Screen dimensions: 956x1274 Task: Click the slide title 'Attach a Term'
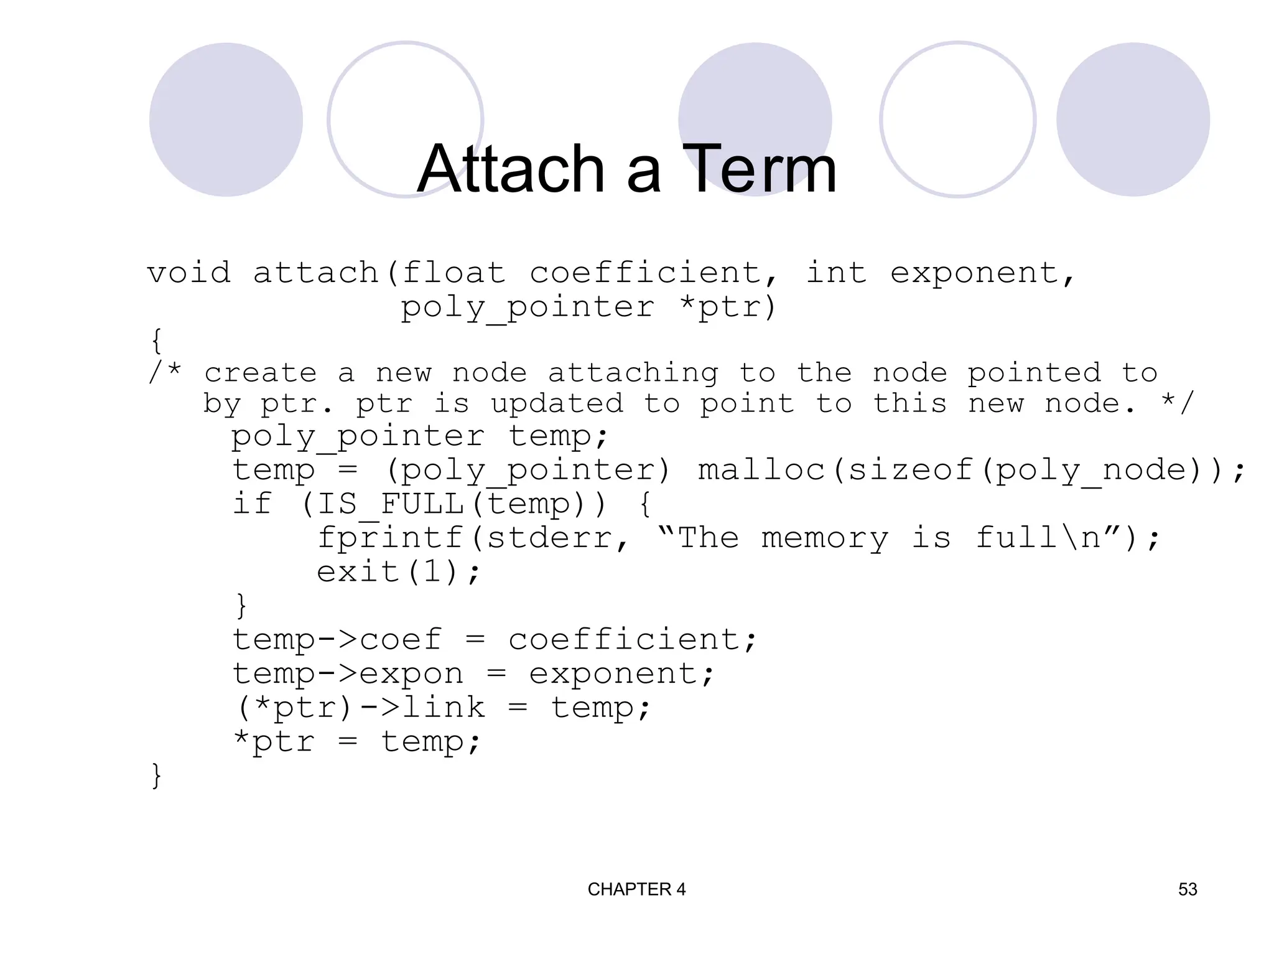pos(626,169)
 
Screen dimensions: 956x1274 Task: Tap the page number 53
pos(1188,889)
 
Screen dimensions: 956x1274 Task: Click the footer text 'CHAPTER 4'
pos(636,889)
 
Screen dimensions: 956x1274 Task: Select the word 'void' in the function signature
pos(189,273)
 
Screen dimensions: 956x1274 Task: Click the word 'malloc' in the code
pos(762,470)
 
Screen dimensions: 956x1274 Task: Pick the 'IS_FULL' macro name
pos(391,504)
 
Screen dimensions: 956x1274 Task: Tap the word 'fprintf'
pos(391,538)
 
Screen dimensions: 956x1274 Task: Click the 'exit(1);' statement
pos(398,572)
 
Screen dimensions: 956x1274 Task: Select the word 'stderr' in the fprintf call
pos(550,538)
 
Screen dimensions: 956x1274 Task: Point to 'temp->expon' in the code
pos(348,674)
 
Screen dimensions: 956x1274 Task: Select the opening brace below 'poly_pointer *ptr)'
pos(156,341)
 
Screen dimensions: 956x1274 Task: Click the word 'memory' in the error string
pos(825,538)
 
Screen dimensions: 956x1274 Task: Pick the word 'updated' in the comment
pos(557,404)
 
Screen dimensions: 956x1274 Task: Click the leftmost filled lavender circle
pos(226,119)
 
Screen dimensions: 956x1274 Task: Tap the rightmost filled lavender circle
pos(1133,119)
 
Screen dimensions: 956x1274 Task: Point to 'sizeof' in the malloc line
pos(911,470)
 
